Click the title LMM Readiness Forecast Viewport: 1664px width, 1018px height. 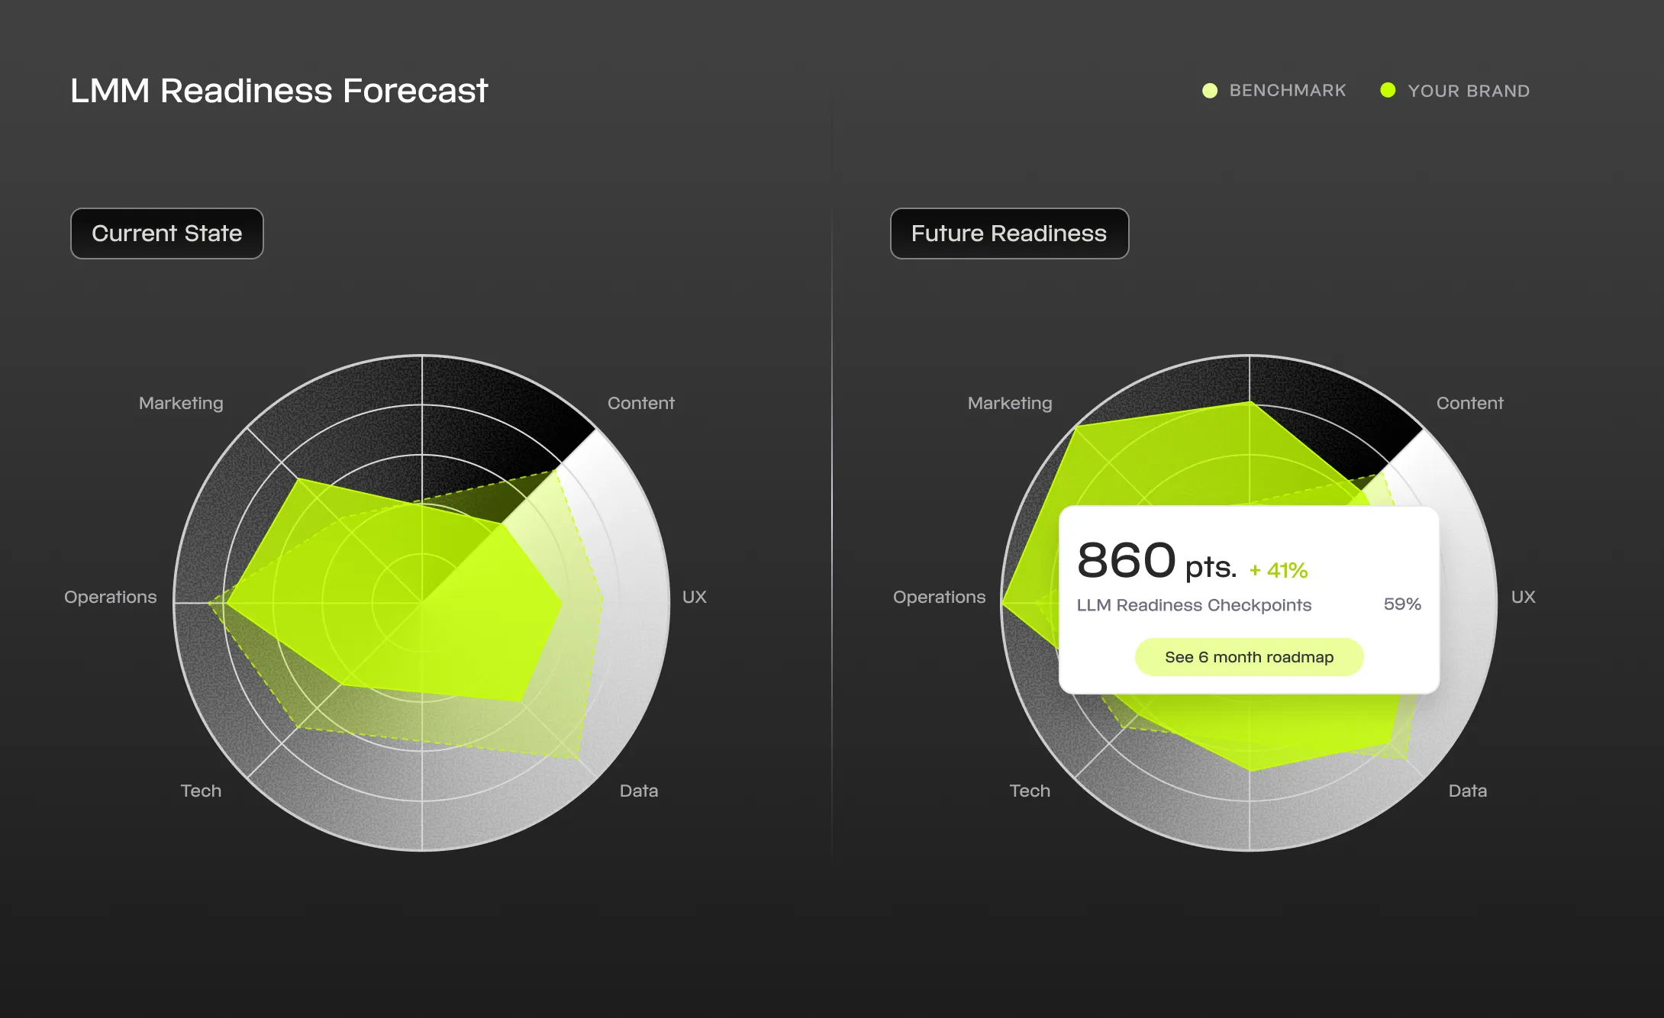tap(279, 91)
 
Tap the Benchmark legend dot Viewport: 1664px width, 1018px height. tap(1210, 91)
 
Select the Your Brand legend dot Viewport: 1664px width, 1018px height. tap(1388, 91)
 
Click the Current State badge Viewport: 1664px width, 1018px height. tap(166, 234)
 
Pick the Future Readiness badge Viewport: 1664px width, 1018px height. tap(1008, 234)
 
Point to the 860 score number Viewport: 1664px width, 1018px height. tap(1126, 560)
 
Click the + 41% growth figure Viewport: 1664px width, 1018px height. tap(1279, 570)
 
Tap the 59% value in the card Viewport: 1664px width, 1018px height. tap(1402, 604)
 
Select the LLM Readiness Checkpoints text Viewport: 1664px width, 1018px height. tap(1194, 605)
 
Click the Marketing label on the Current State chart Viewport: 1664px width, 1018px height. tap(181, 403)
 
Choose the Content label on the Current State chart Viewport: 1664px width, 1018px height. tap(640, 403)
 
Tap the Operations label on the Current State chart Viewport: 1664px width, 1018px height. tap(111, 597)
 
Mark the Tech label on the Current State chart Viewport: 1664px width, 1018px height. tap(201, 791)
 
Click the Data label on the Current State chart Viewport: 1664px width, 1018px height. tap(639, 791)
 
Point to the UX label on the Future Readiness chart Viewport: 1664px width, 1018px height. tap(1523, 597)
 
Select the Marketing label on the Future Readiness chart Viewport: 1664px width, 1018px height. tap(1010, 403)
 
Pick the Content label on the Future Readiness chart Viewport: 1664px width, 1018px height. tap(1469, 403)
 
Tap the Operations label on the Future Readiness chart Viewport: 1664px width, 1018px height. tap(939, 597)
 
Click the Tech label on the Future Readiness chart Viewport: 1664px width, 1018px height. tap(1030, 791)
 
